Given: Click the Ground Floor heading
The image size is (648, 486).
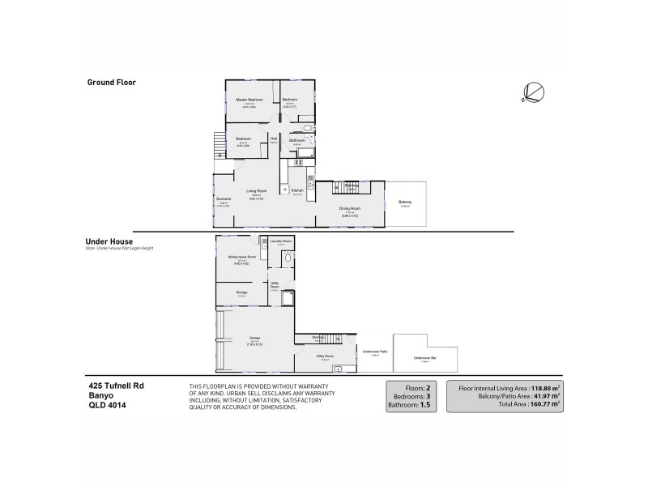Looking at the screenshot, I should [x=112, y=83].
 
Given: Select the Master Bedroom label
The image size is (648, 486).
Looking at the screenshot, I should [x=249, y=100].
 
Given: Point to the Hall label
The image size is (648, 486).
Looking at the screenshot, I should [x=274, y=139].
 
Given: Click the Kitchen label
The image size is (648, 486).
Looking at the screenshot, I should [x=297, y=190].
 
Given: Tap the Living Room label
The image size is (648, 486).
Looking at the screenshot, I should [x=256, y=190].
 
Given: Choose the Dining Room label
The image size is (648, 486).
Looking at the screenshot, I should [x=350, y=208].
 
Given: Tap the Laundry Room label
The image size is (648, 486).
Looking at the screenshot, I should [x=280, y=241].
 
